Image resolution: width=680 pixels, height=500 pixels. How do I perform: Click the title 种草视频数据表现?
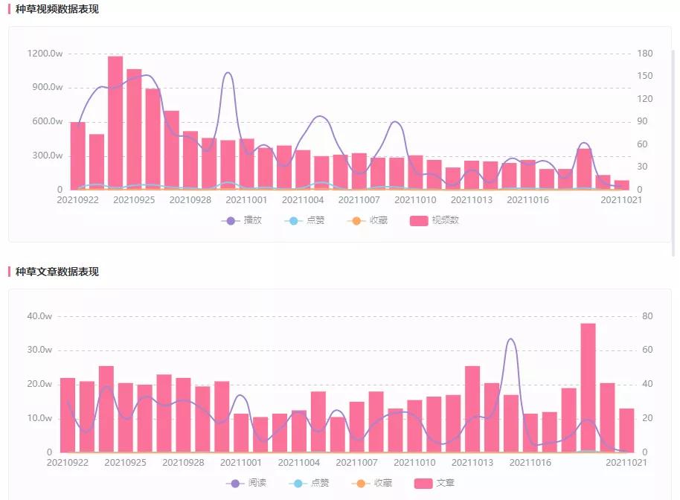(57, 10)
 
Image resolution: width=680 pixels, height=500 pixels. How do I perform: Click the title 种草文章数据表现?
(57, 272)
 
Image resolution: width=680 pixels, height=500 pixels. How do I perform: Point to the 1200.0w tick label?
(45, 54)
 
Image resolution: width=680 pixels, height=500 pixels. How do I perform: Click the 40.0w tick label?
(39, 316)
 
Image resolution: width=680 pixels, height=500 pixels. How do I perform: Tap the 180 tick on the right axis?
(645, 54)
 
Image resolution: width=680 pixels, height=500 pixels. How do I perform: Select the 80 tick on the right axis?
(647, 316)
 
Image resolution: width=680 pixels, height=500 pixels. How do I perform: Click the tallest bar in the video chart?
(115, 123)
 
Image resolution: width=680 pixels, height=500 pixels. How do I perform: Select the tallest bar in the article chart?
(588, 387)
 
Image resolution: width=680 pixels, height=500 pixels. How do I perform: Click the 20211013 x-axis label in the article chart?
(472, 462)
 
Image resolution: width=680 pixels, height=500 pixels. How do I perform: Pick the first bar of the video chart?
(77, 156)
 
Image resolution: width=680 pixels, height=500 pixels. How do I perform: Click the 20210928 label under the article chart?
(183, 462)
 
